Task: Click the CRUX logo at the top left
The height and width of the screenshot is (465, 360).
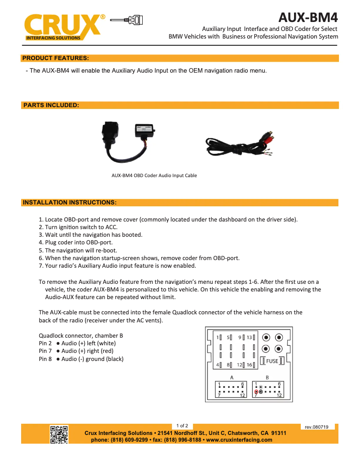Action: [x=63, y=27]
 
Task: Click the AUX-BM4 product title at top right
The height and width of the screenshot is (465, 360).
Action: [x=308, y=17]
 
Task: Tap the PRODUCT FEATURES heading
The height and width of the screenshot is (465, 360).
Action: [x=55, y=58]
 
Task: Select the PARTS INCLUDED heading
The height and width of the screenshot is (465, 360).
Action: [x=51, y=105]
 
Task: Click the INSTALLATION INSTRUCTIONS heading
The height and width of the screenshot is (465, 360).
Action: [x=70, y=203]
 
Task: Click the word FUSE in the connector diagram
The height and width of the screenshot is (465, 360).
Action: [x=272, y=361]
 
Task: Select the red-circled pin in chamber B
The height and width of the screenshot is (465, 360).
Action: [x=256, y=391]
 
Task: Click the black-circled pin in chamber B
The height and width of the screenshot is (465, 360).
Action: [x=261, y=391]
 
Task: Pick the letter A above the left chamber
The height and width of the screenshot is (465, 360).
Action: [x=232, y=377]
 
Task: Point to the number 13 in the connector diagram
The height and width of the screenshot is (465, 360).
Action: [x=249, y=337]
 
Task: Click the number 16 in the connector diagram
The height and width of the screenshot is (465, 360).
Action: [x=249, y=365]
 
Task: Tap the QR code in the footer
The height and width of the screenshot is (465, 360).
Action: [x=59, y=435]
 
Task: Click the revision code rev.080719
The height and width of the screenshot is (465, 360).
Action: [x=316, y=427]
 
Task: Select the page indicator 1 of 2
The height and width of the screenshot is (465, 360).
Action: [x=182, y=426]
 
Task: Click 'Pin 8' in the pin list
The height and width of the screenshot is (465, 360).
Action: [x=45, y=359]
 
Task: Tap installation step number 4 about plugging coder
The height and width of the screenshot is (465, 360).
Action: [x=75, y=243]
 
